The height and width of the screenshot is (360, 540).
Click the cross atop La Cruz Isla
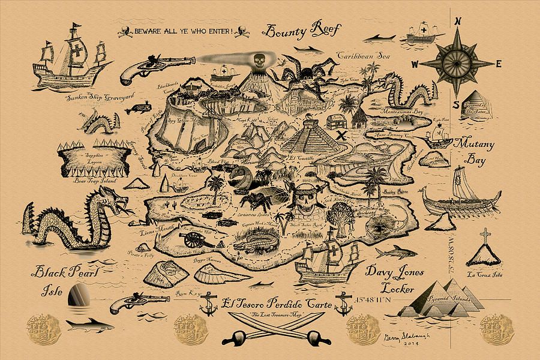(x=484, y=235)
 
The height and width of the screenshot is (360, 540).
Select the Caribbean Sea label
(x=363, y=56)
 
